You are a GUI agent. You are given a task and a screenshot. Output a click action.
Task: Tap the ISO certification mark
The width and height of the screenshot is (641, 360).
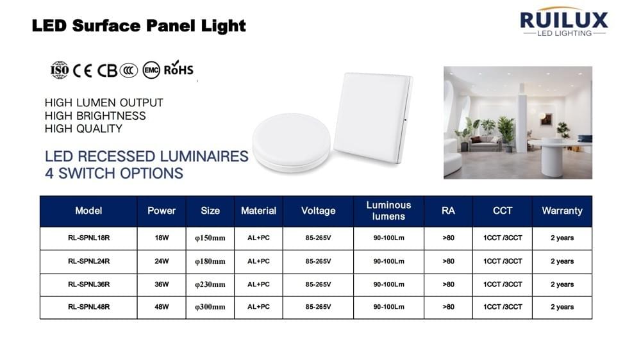coord(60,70)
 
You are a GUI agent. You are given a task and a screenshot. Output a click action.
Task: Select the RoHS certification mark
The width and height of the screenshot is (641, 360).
coord(178,69)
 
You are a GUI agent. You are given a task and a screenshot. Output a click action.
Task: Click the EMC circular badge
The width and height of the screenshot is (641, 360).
coord(151,70)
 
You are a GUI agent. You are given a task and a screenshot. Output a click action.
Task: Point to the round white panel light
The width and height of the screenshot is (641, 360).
coord(291,142)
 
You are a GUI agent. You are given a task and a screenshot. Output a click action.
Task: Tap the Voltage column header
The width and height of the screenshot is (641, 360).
coord(318,211)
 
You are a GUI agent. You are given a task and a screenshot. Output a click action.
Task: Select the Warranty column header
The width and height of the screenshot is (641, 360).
coord(562,211)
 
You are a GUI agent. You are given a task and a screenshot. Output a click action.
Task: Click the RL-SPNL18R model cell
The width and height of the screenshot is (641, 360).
coord(88,238)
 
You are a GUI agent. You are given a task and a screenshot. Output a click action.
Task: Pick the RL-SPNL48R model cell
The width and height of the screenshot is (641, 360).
coord(88,307)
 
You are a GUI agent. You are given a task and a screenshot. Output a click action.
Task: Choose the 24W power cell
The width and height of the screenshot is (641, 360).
coord(162,261)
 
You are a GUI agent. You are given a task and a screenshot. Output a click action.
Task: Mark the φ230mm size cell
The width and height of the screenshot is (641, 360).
coord(210,284)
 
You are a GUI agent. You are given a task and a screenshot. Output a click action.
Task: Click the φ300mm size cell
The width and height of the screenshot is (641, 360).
coord(210,307)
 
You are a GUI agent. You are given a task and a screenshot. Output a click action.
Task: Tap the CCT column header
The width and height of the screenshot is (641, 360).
coord(503,211)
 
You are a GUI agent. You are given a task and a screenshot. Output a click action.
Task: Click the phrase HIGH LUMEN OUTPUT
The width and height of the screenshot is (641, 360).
coord(104,102)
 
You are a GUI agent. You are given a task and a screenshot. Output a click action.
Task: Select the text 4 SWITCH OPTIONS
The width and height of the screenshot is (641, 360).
coord(114,173)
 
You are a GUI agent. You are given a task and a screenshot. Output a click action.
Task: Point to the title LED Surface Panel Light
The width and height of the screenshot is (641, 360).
coord(139,26)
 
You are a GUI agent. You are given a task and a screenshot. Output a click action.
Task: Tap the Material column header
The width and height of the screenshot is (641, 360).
coord(258,211)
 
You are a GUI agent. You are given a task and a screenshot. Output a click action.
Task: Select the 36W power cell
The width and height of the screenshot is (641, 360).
coord(162,284)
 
